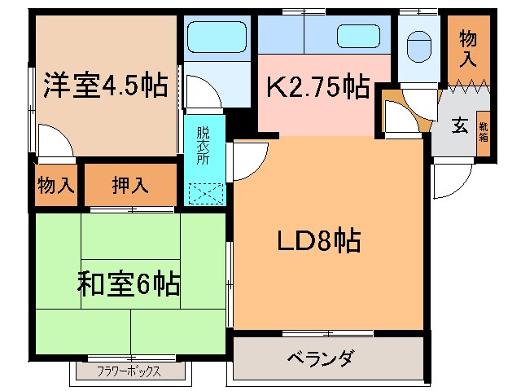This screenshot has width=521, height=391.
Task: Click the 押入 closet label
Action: [130, 185]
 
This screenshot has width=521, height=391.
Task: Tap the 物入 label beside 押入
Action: [56, 185]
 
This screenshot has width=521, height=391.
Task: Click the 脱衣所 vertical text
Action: [203, 144]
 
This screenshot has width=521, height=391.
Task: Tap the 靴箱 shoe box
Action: [483, 131]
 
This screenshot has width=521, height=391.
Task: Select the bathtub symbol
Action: [216, 37]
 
